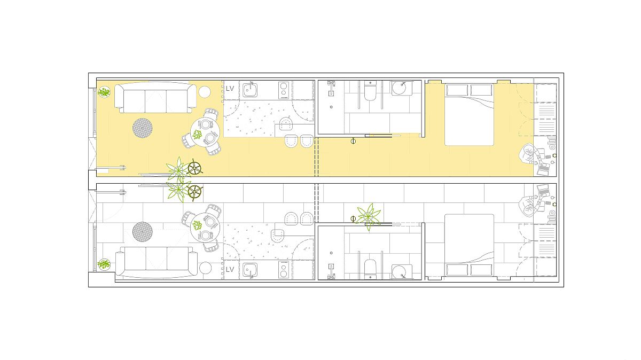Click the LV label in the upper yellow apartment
point(230,89)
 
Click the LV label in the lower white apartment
point(230,269)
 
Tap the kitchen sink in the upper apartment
point(250,90)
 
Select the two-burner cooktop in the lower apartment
point(284,270)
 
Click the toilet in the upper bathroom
point(370,91)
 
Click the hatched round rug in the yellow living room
point(142,128)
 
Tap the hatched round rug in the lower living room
point(142,231)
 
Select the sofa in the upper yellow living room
point(155,98)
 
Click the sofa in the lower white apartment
point(156,262)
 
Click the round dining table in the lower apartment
point(205,228)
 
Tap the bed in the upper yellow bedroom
point(470,115)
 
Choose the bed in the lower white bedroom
point(470,245)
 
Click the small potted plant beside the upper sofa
point(104,92)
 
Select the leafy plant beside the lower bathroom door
point(369,217)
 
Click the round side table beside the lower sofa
point(205,268)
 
